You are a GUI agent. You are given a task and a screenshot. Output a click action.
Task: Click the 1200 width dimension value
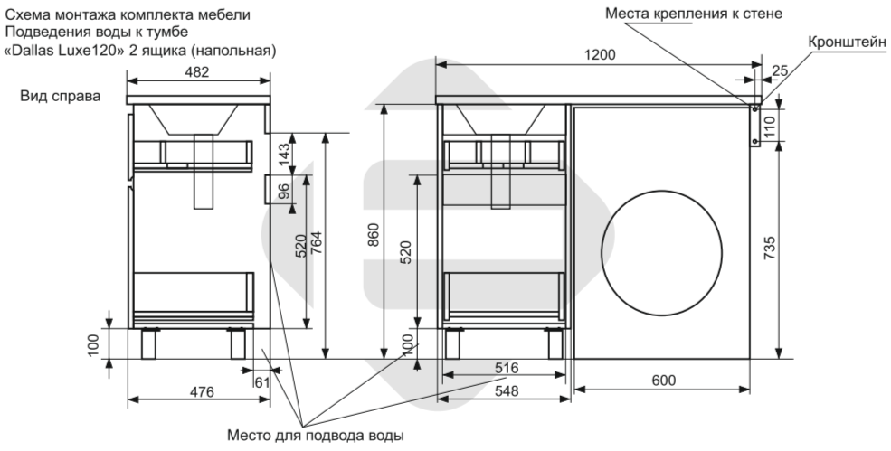(x=600, y=55)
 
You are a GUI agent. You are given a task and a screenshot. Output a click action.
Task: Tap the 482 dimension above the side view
(x=197, y=72)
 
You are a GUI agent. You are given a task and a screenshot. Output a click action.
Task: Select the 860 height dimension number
(x=374, y=235)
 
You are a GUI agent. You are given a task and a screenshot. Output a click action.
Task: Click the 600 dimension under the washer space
(x=664, y=380)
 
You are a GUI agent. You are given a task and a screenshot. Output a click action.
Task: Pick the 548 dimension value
(x=507, y=391)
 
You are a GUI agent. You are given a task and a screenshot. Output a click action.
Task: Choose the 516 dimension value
(x=507, y=368)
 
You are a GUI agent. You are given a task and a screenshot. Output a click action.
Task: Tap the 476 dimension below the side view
(x=202, y=391)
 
